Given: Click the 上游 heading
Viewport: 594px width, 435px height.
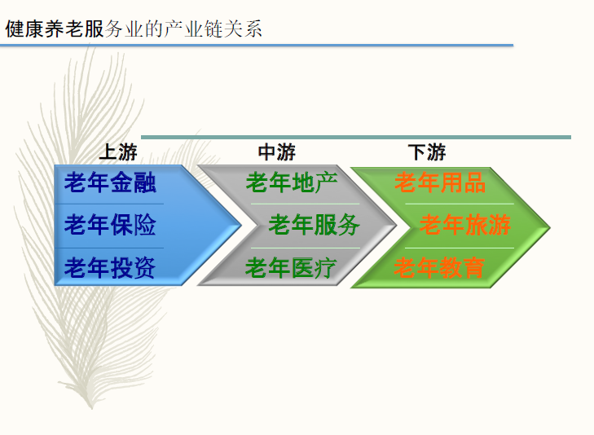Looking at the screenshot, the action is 118,152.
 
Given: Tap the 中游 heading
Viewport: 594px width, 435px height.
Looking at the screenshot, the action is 276,152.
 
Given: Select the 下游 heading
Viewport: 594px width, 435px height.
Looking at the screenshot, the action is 427,152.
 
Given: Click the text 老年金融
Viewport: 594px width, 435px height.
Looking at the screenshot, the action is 110,182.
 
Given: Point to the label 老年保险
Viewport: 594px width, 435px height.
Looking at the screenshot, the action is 110,225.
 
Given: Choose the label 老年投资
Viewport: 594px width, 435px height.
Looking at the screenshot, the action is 110,268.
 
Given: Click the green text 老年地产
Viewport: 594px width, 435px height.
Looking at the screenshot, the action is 292,182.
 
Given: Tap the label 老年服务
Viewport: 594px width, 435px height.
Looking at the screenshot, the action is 314,225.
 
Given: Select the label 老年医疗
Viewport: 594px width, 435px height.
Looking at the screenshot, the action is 291,268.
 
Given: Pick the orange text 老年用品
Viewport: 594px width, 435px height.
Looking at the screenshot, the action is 440,182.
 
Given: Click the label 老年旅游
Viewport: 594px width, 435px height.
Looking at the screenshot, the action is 465,225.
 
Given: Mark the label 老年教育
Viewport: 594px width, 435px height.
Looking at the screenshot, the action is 439,268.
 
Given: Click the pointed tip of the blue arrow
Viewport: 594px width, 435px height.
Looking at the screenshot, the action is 241,226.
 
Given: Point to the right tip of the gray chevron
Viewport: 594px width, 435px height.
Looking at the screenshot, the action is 396,226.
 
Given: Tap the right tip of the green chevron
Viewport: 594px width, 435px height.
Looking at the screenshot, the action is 550,228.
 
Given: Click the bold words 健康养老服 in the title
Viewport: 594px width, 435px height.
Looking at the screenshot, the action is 55,29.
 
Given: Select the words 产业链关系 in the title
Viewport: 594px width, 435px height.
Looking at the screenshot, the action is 213,29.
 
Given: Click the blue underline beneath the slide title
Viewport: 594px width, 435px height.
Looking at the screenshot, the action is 257,46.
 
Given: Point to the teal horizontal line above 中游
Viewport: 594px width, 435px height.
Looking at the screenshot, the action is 356,137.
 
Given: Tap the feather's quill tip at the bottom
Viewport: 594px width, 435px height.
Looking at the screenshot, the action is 92,408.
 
